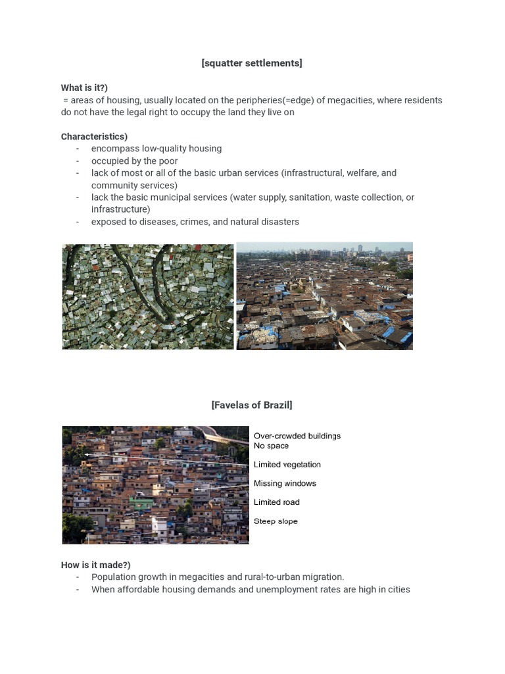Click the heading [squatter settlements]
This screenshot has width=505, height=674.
click(252, 63)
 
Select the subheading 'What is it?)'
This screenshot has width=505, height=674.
click(84, 88)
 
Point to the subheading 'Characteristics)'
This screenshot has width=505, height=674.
click(94, 136)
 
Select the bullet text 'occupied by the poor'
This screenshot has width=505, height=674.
click(134, 161)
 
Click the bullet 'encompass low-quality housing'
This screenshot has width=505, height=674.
click(156, 149)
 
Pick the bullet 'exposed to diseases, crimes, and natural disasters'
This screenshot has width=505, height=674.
click(195, 222)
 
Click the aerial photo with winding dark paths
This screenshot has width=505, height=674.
click(148, 296)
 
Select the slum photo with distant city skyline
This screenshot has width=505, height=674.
click(324, 296)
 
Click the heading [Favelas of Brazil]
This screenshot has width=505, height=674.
click(252, 405)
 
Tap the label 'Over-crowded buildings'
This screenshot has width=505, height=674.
click(297, 436)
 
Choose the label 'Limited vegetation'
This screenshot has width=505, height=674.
click(287, 465)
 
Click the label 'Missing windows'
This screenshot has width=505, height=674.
click(285, 483)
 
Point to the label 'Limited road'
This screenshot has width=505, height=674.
click(276, 502)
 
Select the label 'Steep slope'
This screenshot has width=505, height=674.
click(276, 521)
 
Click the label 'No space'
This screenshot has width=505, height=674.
click(271, 446)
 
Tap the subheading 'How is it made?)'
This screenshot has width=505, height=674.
click(95, 565)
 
